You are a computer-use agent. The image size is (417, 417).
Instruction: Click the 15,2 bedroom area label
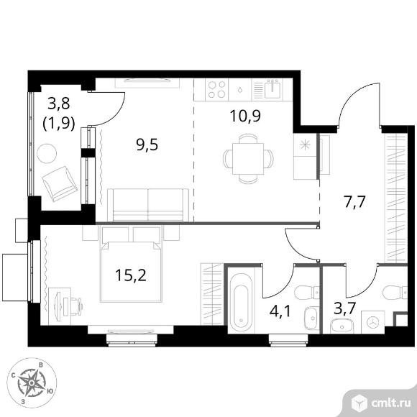131,275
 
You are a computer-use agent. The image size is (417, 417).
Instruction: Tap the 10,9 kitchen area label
245,116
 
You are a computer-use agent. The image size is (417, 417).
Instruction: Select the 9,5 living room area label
147,145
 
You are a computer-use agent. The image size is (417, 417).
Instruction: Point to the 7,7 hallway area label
354,202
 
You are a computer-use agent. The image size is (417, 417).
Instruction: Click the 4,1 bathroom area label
280,311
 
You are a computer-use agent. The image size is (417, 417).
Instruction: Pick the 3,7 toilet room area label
344,308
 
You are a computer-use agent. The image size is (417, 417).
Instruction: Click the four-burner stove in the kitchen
216,90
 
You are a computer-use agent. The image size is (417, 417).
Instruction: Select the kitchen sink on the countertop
272,89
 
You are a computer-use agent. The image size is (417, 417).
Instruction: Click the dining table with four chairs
248,158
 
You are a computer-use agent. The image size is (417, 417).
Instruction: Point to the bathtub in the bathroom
241,303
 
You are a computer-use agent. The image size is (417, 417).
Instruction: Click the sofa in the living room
148,205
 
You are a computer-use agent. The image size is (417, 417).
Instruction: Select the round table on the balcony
47,153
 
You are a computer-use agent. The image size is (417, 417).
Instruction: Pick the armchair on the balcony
60,184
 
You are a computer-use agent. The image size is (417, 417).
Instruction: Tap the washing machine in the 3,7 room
373,322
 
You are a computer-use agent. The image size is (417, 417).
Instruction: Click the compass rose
32,382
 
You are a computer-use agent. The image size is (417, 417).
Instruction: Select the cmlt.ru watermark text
391,404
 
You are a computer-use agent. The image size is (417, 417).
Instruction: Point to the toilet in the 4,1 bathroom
307,293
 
